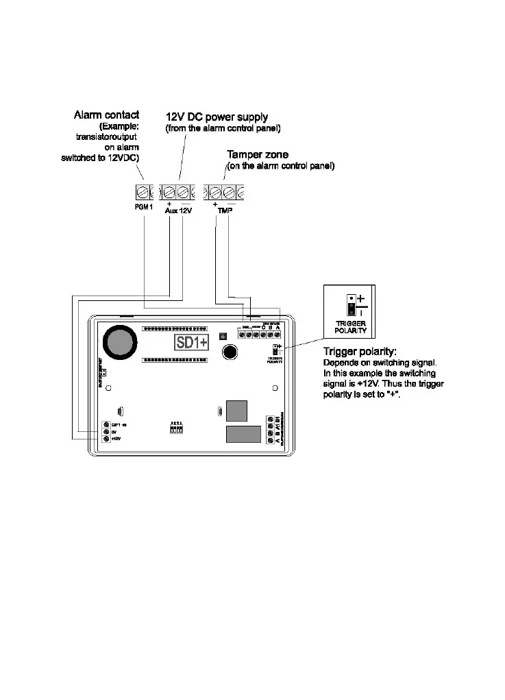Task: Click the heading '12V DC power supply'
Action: [x=217, y=117]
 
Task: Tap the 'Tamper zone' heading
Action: [x=258, y=155]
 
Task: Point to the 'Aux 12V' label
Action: [x=179, y=210]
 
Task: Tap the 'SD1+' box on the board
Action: [x=192, y=341]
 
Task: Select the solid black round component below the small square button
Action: [x=230, y=352]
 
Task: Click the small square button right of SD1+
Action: [x=222, y=337]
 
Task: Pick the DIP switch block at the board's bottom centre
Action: [x=177, y=429]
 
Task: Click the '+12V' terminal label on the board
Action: [x=116, y=439]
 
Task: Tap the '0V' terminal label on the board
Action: [x=114, y=431]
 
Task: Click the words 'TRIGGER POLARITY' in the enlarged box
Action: [x=350, y=326]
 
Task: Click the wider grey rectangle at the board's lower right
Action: [x=243, y=434]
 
